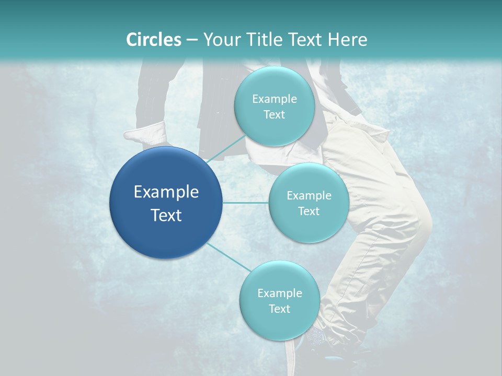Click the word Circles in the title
click(153, 40)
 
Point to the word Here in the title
click(347, 40)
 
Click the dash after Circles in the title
click(191, 40)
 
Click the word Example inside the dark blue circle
click(166, 192)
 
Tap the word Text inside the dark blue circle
click(166, 215)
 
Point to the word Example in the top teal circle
click(275, 99)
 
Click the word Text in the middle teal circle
click(309, 211)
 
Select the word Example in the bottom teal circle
click(279, 293)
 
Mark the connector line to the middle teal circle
click(246, 203)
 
